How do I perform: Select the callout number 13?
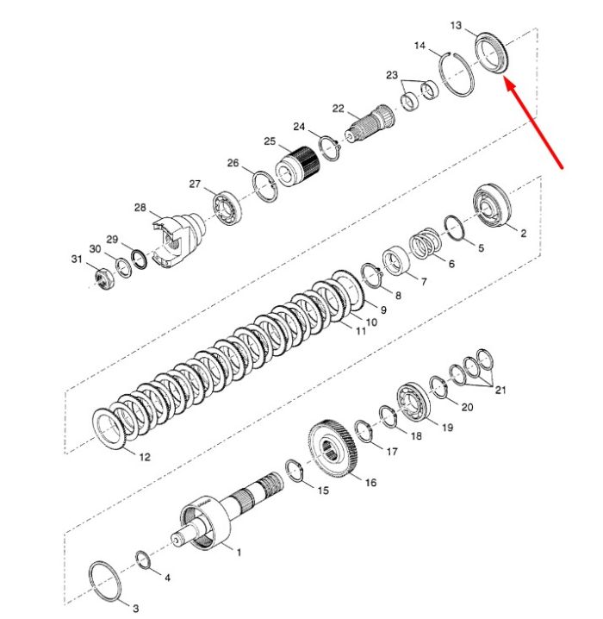tap(456, 25)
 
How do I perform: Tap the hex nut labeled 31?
tap(104, 278)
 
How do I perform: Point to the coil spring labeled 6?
tap(426, 243)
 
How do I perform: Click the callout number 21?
tap(500, 390)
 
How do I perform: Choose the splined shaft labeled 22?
tap(370, 122)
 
